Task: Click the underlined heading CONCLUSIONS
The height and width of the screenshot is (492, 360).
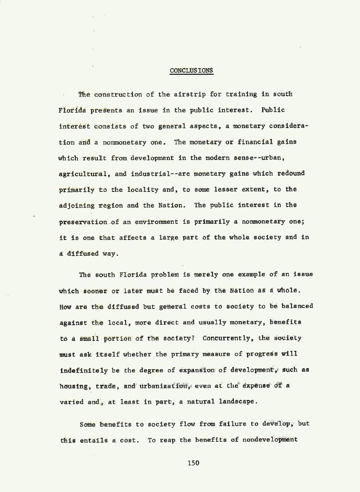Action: point(192,71)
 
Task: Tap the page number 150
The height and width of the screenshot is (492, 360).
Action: point(194,462)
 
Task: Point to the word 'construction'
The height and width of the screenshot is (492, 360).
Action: point(118,95)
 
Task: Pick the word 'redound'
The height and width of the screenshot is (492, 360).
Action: point(290,173)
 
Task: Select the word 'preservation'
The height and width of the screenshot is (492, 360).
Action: point(83,222)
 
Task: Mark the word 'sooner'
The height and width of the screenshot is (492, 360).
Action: point(94,291)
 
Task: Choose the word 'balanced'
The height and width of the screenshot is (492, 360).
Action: point(297,306)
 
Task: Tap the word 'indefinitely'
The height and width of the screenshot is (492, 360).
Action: point(83,370)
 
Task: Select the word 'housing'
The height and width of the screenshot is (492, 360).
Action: point(74,386)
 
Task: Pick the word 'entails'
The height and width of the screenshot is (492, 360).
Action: point(94,440)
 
